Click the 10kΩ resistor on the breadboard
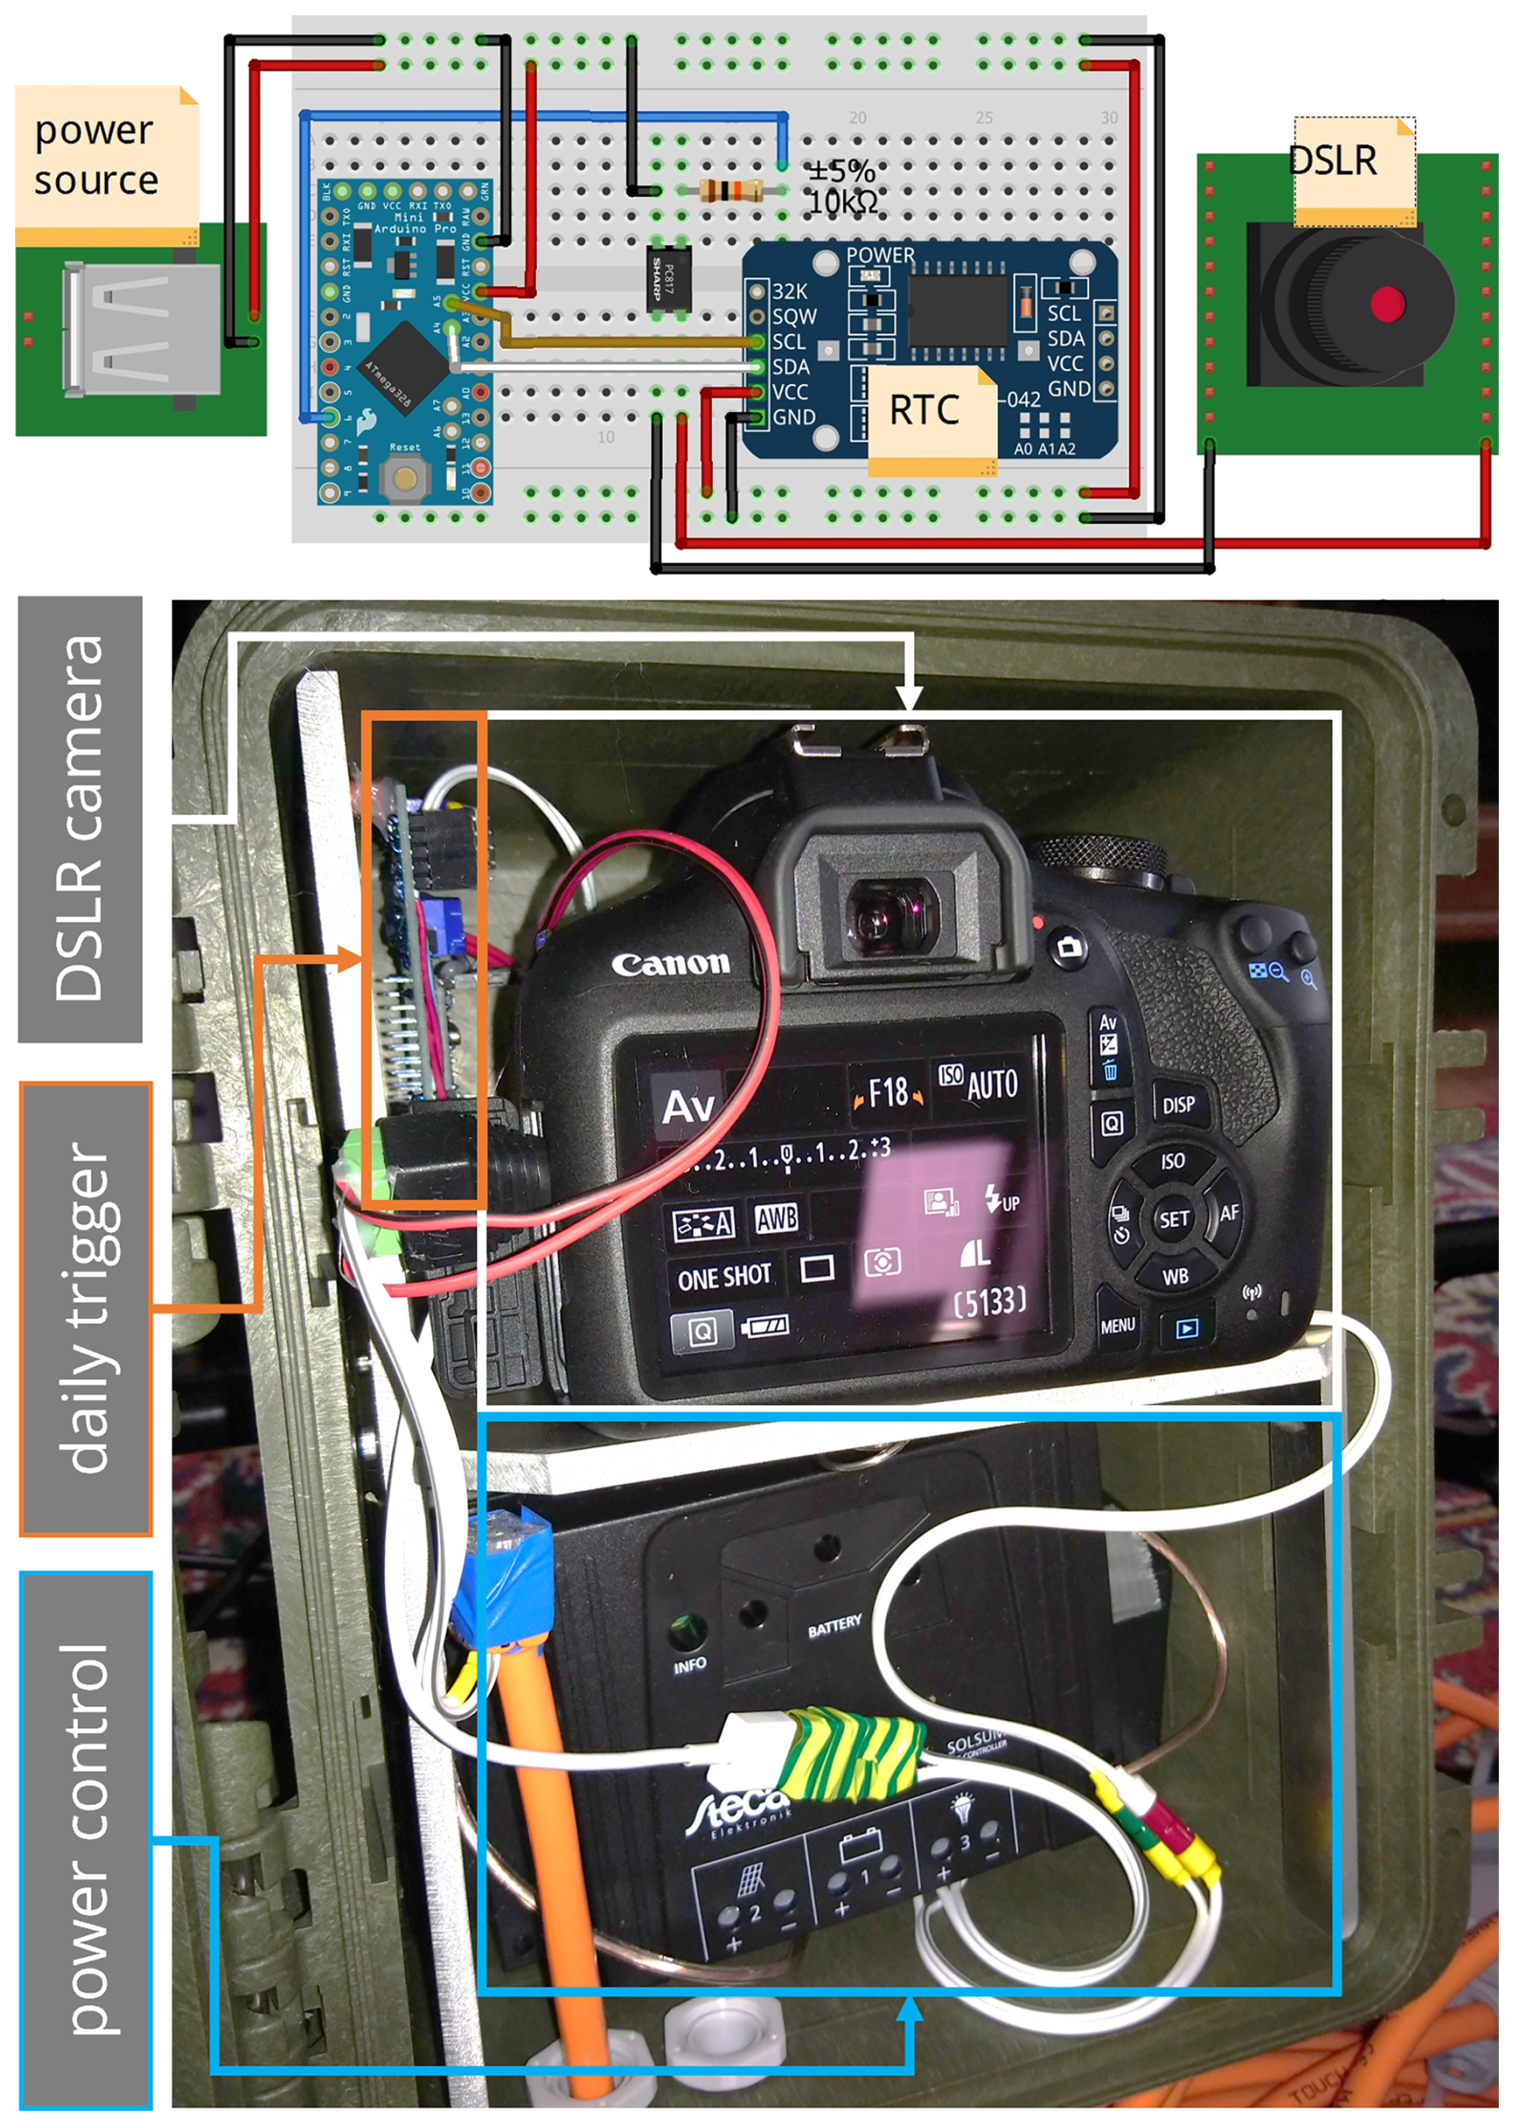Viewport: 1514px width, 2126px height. coord(730,191)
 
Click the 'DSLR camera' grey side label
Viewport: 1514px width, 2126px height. coord(80,819)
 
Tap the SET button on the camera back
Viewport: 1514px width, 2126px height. coord(1173,1219)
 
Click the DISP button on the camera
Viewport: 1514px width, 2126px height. coord(1179,1105)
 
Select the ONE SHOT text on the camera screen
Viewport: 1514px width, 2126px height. coord(723,1277)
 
